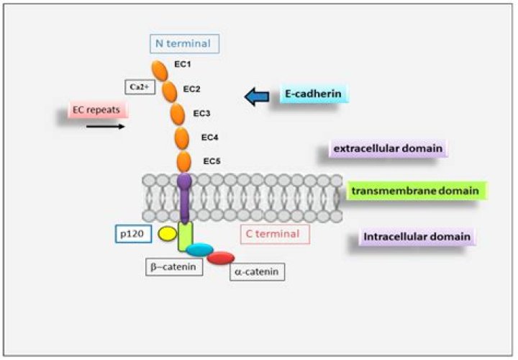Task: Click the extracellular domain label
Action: pyautogui.click(x=386, y=149)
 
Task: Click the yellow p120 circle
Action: pyautogui.click(x=167, y=233)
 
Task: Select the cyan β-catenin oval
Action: pyautogui.click(x=200, y=249)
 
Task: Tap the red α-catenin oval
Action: pyautogui.click(x=221, y=257)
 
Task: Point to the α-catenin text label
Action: pyautogui.click(x=258, y=271)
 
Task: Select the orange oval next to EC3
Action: pyautogui.click(x=177, y=114)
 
